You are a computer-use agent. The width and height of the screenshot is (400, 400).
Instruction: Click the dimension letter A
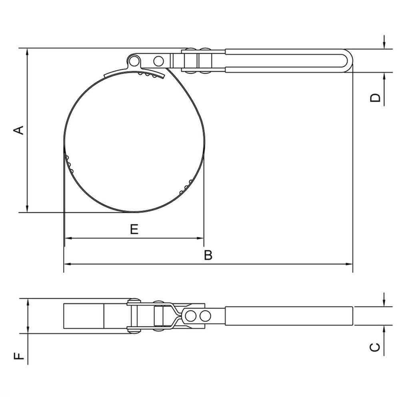coord(19,130)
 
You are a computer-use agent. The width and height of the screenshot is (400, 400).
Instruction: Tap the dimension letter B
coord(208,255)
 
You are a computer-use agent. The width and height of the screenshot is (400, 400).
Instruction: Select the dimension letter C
coord(375,348)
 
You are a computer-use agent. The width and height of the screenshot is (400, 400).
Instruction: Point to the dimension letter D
coord(375,98)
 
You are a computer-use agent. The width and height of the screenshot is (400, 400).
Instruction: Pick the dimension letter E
coord(134,229)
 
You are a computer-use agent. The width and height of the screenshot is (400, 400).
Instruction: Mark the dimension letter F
coord(19,356)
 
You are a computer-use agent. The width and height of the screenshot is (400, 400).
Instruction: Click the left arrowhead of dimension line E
coord(68,238)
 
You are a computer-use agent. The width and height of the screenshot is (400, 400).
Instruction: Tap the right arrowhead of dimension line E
coord(200,238)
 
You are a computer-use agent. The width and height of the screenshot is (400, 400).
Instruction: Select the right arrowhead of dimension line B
coord(349,264)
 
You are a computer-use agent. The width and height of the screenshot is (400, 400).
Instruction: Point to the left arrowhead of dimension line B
coord(67,264)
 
